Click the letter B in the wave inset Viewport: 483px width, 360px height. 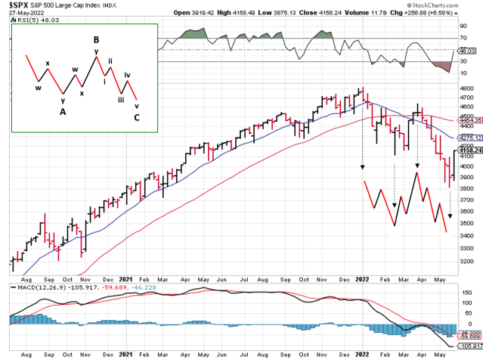click(97, 39)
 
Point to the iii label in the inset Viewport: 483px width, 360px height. click(120, 98)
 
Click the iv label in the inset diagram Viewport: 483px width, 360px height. click(128, 74)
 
